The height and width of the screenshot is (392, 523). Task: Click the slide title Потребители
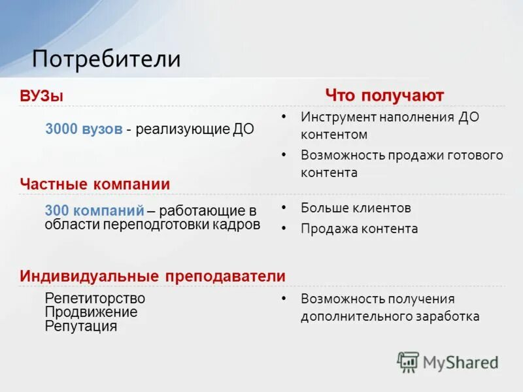pos(107,59)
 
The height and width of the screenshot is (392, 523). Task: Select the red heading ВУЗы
pos(42,96)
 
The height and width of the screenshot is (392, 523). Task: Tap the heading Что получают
pos(384,95)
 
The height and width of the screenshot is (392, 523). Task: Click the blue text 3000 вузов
pos(84,129)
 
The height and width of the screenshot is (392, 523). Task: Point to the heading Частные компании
pos(95,184)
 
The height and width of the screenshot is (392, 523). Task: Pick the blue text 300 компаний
pos(94,211)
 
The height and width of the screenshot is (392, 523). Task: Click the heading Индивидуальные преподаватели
pos(152,276)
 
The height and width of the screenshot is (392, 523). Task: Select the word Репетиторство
pos(95,298)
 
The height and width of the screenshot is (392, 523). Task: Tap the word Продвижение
pos(91,312)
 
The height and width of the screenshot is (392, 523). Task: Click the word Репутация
pos(81,327)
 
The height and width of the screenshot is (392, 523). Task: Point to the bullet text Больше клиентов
pos(356,208)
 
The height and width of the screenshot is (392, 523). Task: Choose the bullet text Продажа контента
pos(359,229)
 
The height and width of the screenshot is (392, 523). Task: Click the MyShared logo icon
pos(408,362)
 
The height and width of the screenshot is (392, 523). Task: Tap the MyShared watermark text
pos(460,362)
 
